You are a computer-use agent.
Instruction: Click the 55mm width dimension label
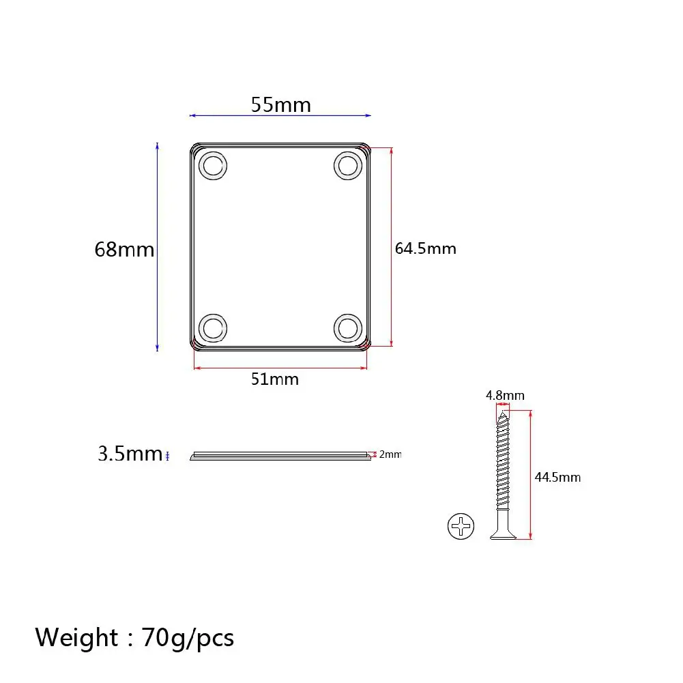point(281,105)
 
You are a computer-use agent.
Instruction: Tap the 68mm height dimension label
point(125,250)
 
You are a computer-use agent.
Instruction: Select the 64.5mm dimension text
point(426,248)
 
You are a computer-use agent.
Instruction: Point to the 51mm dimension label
point(275,379)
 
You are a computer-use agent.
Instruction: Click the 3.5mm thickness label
point(130,454)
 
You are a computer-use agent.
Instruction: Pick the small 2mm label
point(390,454)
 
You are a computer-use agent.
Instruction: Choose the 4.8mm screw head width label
point(505,396)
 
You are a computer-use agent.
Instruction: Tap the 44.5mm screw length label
point(557,478)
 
